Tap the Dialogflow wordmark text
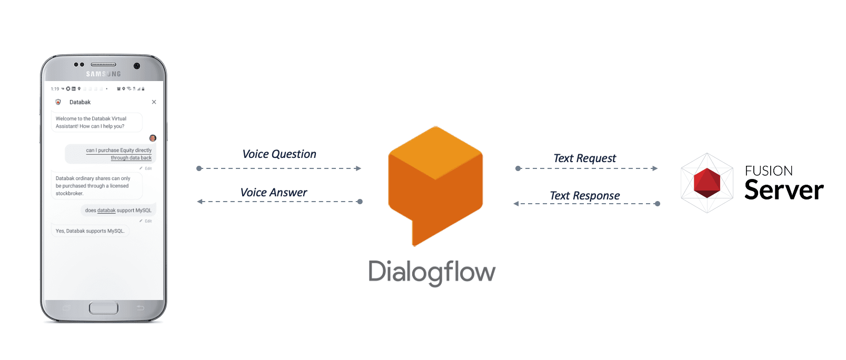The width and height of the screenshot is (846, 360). click(x=432, y=272)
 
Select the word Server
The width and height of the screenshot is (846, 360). click(x=784, y=191)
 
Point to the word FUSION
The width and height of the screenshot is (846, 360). click(x=769, y=171)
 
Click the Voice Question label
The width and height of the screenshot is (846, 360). click(x=279, y=154)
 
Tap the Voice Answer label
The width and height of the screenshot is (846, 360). click(x=273, y=193)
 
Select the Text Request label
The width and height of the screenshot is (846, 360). click(x=584, y=158)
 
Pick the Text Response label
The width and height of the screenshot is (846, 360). click(x=584, y=196)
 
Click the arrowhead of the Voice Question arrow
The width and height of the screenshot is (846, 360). click(x=359, y=168)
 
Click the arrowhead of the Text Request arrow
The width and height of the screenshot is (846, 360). click(x=655, y=168)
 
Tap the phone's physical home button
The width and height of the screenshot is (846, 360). click(x=104, y=308)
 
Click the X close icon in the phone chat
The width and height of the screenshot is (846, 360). click(x=154, y=102)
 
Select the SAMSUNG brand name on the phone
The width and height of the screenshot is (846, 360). click(x=104, y=74)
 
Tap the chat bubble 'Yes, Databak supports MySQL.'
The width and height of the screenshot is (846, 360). click(x=90, y=231)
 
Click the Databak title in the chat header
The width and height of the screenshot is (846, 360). click(x=80, y=102)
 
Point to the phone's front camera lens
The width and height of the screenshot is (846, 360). click(x=137, y=66)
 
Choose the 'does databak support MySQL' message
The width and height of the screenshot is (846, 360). click(x=118, y=211)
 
